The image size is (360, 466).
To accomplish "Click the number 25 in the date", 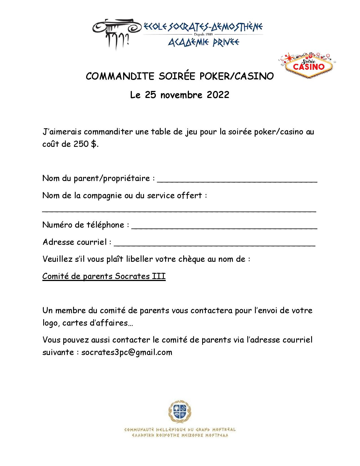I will [150, 95].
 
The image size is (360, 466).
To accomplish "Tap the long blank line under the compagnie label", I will [179, 210].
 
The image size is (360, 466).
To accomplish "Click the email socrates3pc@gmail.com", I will [127, 352].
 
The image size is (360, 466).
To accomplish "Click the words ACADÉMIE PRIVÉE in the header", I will [204, 42].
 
